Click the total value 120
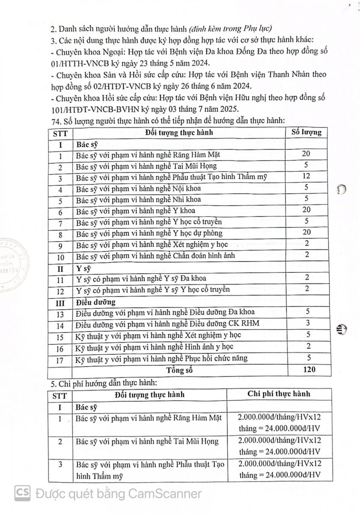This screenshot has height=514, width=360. [x=308, y=370]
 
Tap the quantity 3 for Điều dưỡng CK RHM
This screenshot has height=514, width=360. [x=308, y=323]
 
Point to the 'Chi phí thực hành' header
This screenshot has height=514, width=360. [x=279, y=394]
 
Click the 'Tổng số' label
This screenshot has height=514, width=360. [x=179, y=370]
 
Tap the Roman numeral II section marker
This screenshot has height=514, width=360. [x=60, y=268]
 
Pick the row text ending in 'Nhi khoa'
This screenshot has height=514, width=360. [x=138, y=200]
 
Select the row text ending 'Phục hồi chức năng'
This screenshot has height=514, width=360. [x=161, y=358]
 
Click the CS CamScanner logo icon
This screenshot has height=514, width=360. [x=22, y=493]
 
